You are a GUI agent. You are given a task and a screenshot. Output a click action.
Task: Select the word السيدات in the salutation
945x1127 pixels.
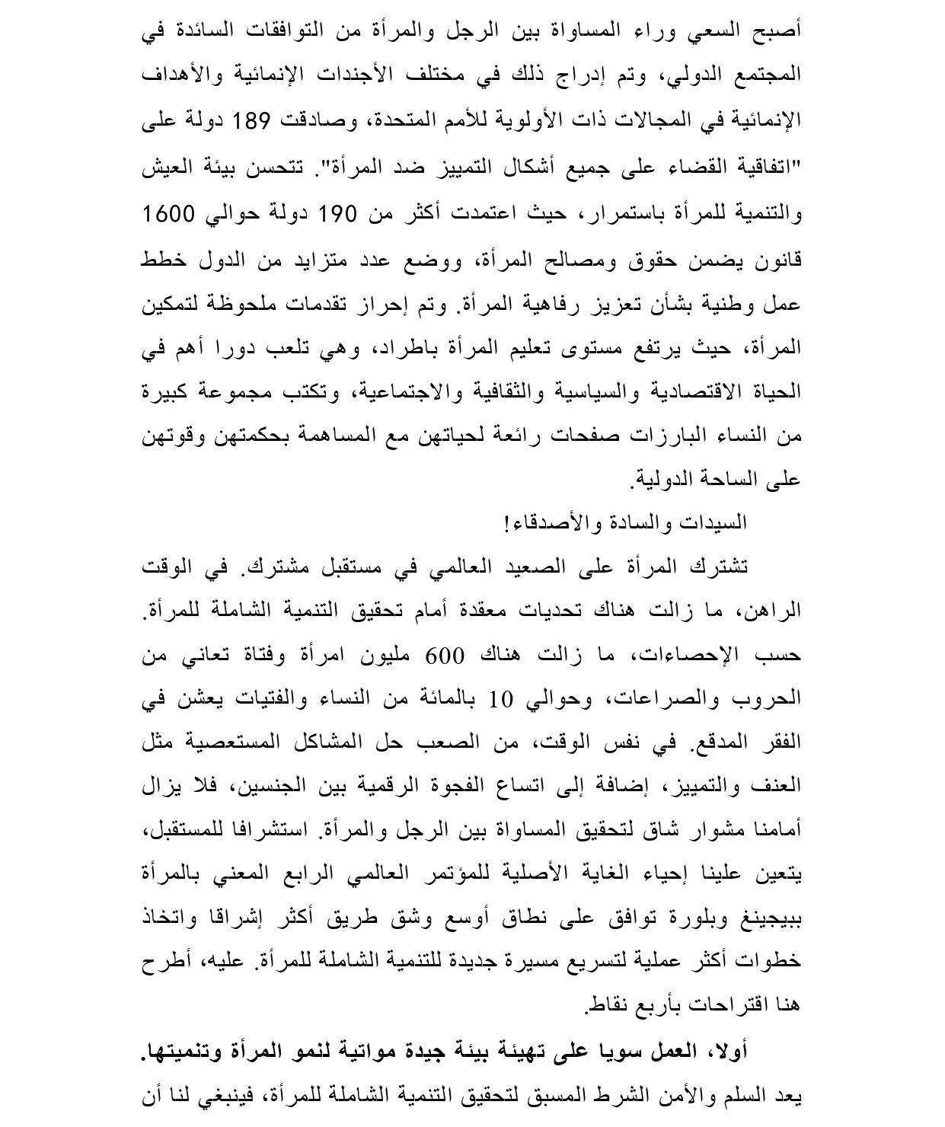point(718,523)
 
